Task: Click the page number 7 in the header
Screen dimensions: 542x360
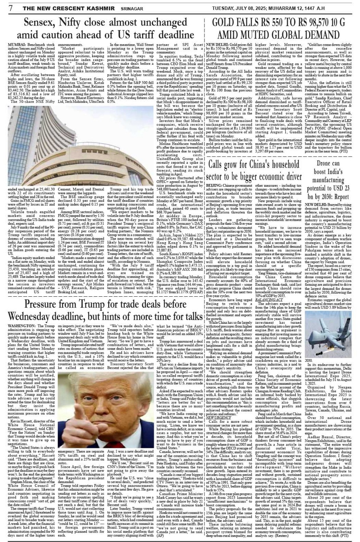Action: (11, 7)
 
